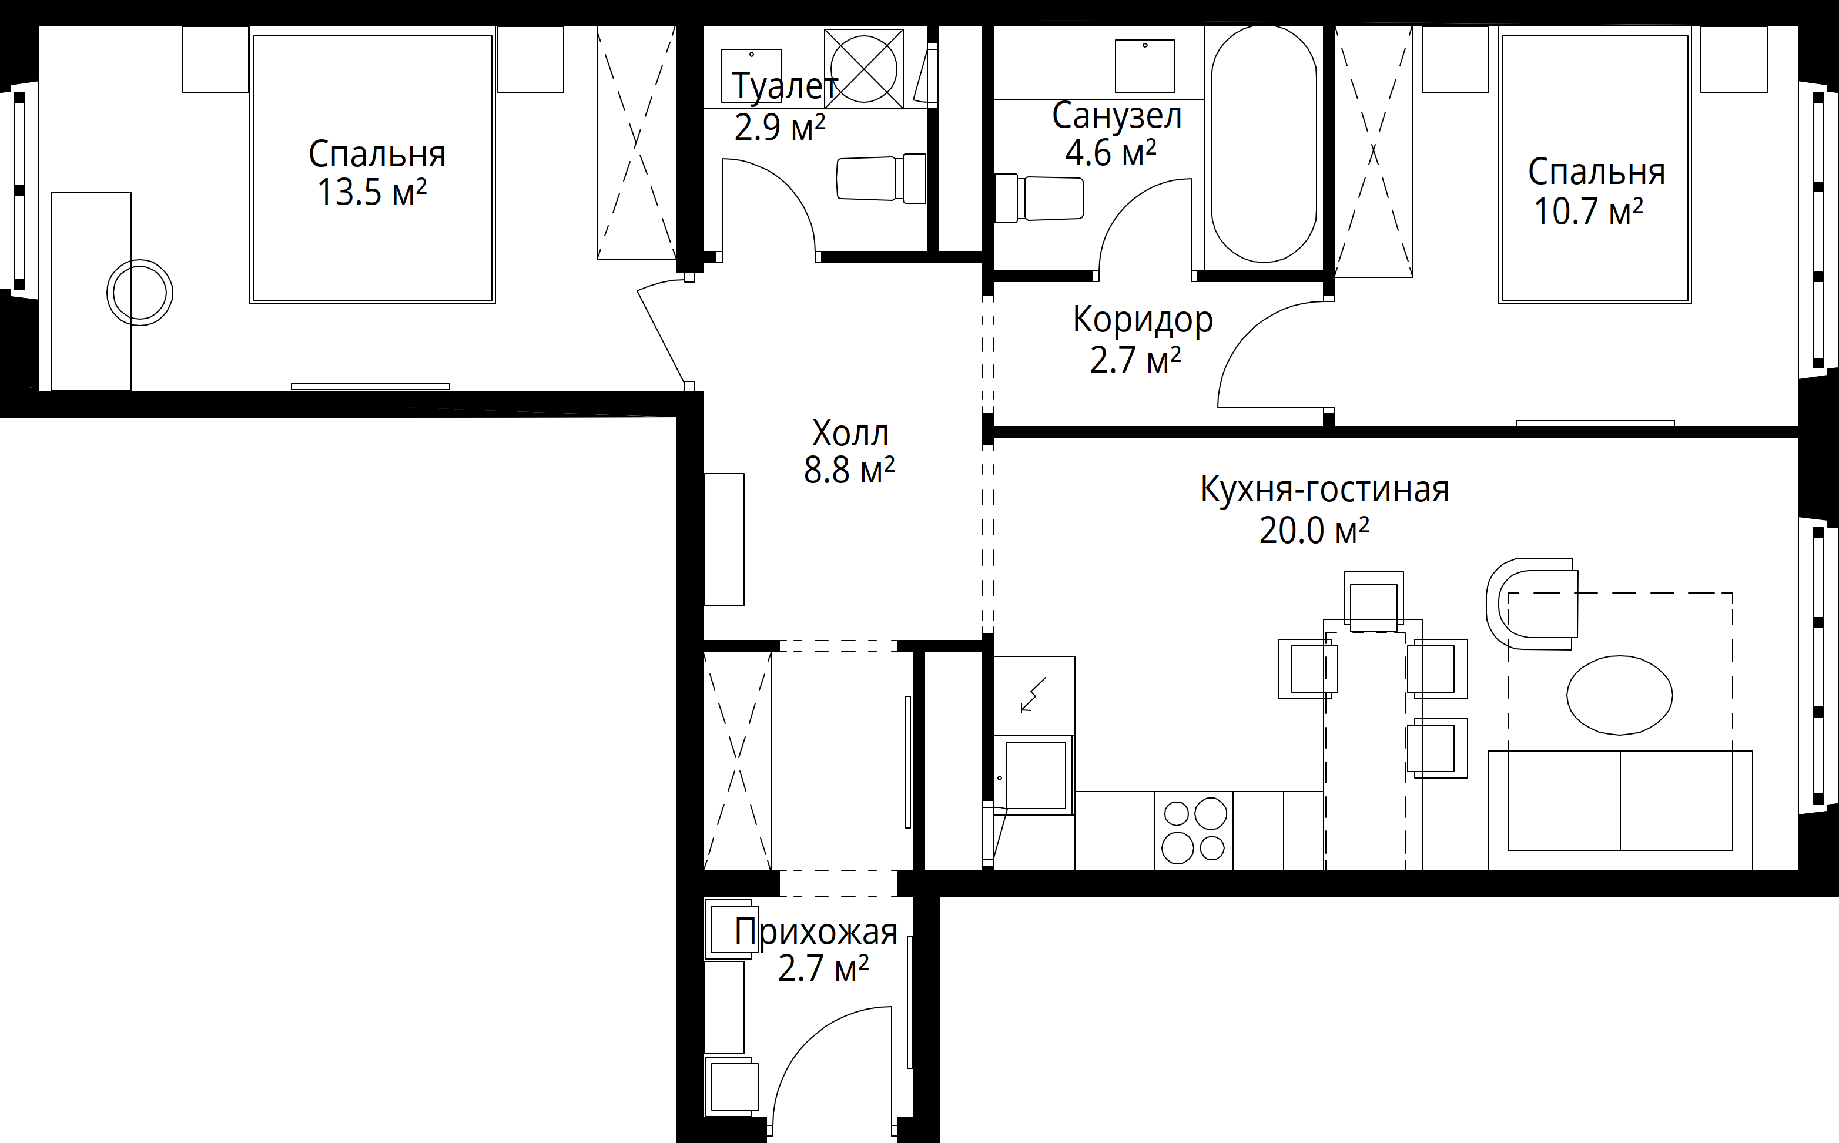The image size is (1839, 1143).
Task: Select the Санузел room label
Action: [1117, 116]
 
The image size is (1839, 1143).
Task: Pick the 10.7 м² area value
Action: [1589, 211]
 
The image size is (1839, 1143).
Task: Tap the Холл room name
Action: [850, 433]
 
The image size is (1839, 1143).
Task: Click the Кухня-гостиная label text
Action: [1325, 490]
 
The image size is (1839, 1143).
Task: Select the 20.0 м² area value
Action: [1314, 531]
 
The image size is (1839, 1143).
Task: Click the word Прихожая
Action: [816, 931]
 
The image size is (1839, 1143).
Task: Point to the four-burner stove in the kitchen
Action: [1194, 830]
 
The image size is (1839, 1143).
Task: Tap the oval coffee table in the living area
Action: [1619, 695]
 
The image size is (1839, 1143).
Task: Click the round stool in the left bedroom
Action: [140, 293]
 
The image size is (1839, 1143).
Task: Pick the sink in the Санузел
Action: [1145, 66]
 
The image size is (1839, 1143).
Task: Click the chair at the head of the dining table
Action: [1374, 602]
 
